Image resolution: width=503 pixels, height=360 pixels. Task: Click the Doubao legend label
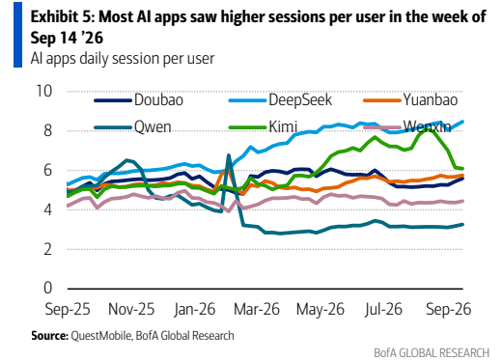tap(158, 100)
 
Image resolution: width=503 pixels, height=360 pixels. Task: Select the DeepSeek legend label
tap(300, 100)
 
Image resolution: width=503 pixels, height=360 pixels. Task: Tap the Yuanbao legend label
tap(431, 100)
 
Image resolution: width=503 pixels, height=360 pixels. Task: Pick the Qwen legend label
tap(153, 127)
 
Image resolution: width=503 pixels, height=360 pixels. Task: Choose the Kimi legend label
tap(283, 126)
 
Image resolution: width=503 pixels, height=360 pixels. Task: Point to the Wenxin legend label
tap(427, 126)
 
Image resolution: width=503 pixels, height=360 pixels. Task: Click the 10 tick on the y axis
tap(43, 91)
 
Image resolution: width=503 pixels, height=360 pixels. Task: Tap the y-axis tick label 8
tap(47, 130)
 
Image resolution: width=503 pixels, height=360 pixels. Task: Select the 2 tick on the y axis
tap(47, 249)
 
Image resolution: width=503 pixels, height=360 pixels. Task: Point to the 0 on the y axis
tap(47, 288)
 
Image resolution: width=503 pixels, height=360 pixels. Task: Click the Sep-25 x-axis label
tap(68, 309)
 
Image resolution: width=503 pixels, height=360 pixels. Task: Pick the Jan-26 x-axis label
tap(194, 309)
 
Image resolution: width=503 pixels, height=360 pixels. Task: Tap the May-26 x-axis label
tap(321, 310)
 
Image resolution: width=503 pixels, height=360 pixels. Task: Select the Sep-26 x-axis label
tap(449, 309)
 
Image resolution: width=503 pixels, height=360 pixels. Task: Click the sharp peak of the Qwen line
tap(229, 155)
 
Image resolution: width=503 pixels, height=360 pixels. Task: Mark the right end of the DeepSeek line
tap(462, 122)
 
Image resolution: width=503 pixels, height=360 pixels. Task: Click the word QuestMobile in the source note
tap(100, 336)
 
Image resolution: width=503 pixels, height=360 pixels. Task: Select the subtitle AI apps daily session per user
tap(123, 59)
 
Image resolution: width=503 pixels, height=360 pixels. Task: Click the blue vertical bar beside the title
tap(17, 35)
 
